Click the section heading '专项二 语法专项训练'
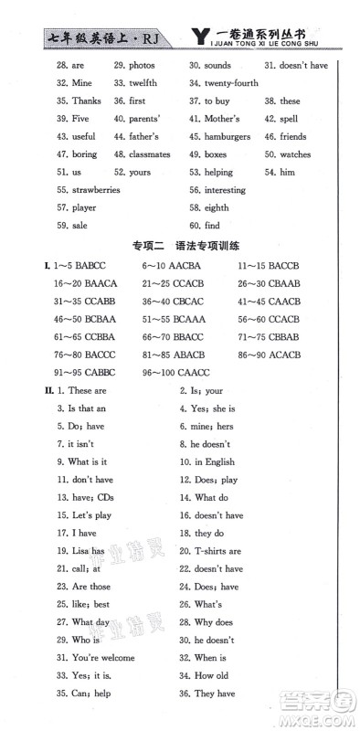[x=179, y=245]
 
